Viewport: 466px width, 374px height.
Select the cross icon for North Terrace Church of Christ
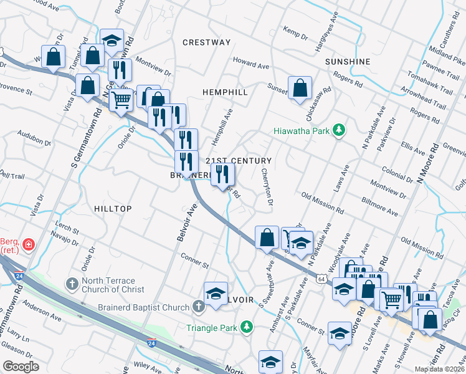(x=72, y=284)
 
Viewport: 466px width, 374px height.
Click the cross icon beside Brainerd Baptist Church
(x=198, y=307)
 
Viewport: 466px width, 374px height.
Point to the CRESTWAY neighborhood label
(x=206, y=42)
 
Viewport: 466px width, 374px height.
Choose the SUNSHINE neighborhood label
(x=348, y=62)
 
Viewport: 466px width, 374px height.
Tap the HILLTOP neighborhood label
(x=113, y=209)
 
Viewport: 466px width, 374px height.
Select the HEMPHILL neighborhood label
(x=226, y=92)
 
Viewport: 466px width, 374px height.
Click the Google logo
(x=21, y=367)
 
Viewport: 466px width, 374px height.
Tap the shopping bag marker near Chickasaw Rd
(x=300, y=89)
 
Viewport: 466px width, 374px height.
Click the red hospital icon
(x=28, y=245)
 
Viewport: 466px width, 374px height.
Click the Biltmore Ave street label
(x=379, y=207)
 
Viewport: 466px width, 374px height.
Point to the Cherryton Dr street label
(x=267, y=186)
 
